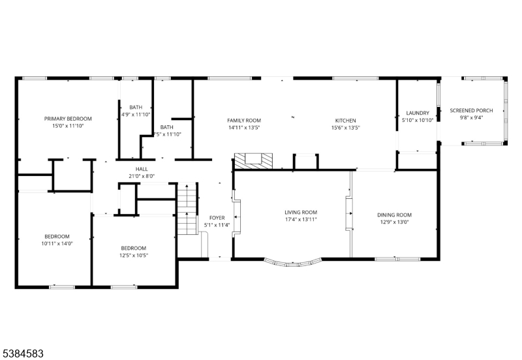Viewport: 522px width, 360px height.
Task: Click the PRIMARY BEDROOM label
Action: pyautogui.click(x=68, y=119)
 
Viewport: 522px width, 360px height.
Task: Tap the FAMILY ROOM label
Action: pyautogui.click(x=244, y=121)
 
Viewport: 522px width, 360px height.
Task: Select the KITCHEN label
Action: pyautogui.click(x=345, y=121)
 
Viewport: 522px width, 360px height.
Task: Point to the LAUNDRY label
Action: pyautogui.click(x=417, y=113)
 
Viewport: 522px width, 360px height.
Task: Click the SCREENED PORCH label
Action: pyautogui.click(x=471, y=110)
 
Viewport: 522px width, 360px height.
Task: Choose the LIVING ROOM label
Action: pyautogui.click(x=301, y=213)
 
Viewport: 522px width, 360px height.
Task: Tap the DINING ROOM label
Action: pyautogui.click(x=394, y=215)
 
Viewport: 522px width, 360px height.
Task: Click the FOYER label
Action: pyautogui.click(x=217, y=218)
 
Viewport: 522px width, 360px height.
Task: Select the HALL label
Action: pyautogui.click(x=142, y=168)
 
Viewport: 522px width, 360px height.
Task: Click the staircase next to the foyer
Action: pyautogui.click(x=187, y=209)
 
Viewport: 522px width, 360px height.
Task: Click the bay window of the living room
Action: pyautogui.click(x=292, y=263)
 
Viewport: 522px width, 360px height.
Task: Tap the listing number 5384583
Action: pyautogui.click(x=23, y=353)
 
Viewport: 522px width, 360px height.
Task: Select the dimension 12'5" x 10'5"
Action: pyautogui.click(x=133, y=255)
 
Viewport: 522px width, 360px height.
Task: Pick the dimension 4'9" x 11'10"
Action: pyautogui.click(x=136, y=115)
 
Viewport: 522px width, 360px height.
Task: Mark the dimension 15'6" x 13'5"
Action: pyautogui.click(x=345, y=128)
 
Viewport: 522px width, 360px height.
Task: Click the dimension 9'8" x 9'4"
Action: pyautogui.click(x=471, y=118)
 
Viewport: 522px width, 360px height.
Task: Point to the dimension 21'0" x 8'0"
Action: pyautogui.click(x=142, y=175)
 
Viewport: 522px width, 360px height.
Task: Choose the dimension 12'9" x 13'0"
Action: pyautogui.click(x=394, y=222)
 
